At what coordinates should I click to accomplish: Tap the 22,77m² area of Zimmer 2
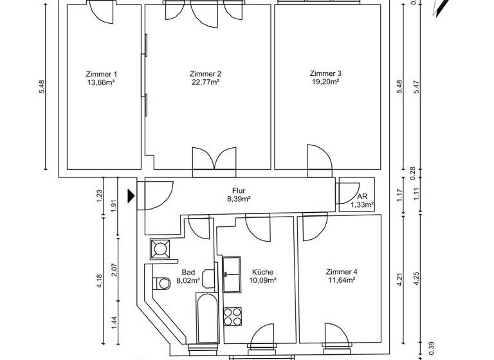[x=206, y=82]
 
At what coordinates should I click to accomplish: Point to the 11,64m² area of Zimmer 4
[x=342, y=280]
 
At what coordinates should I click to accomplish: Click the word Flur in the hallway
[x=238, y=191]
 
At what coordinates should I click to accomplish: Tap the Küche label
[x=264, y=272]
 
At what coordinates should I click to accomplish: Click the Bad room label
[x=188, y=272]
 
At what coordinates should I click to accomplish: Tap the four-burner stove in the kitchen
[x=232, y=316]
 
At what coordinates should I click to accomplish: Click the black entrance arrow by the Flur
[x=131, y=195]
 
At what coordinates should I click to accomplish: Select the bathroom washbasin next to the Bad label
[x=208, y=278]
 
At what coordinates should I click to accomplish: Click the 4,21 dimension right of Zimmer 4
[x=399, y=282]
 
